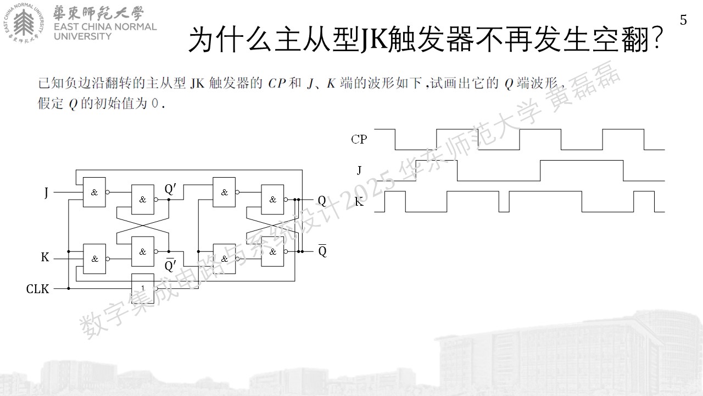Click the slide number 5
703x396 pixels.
coord(683,20)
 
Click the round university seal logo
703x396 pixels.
coord(24,23)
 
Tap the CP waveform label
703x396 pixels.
coord(359,139)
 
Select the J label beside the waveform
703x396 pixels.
coord(359,170)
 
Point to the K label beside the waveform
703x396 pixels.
coord(359,202)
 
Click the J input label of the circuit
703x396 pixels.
coord(47,193)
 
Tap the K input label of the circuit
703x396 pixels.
coord(45,257)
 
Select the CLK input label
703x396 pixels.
coord(38,289)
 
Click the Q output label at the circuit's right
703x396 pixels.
coord(322,200)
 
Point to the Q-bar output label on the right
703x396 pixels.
coord(322,250)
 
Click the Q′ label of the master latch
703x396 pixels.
coord(170,189)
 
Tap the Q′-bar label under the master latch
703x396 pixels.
coord(170,265)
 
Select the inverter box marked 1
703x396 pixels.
coord(143,288)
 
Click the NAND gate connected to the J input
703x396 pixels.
coord(94,192)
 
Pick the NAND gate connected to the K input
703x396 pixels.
coord(94,258)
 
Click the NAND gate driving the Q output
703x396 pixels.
coord(273,200)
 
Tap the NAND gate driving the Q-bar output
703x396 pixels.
coord(273,251)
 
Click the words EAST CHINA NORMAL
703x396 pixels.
coord(105,27)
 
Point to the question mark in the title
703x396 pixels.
coord(656,39)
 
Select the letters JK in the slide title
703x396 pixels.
coord(373,39)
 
